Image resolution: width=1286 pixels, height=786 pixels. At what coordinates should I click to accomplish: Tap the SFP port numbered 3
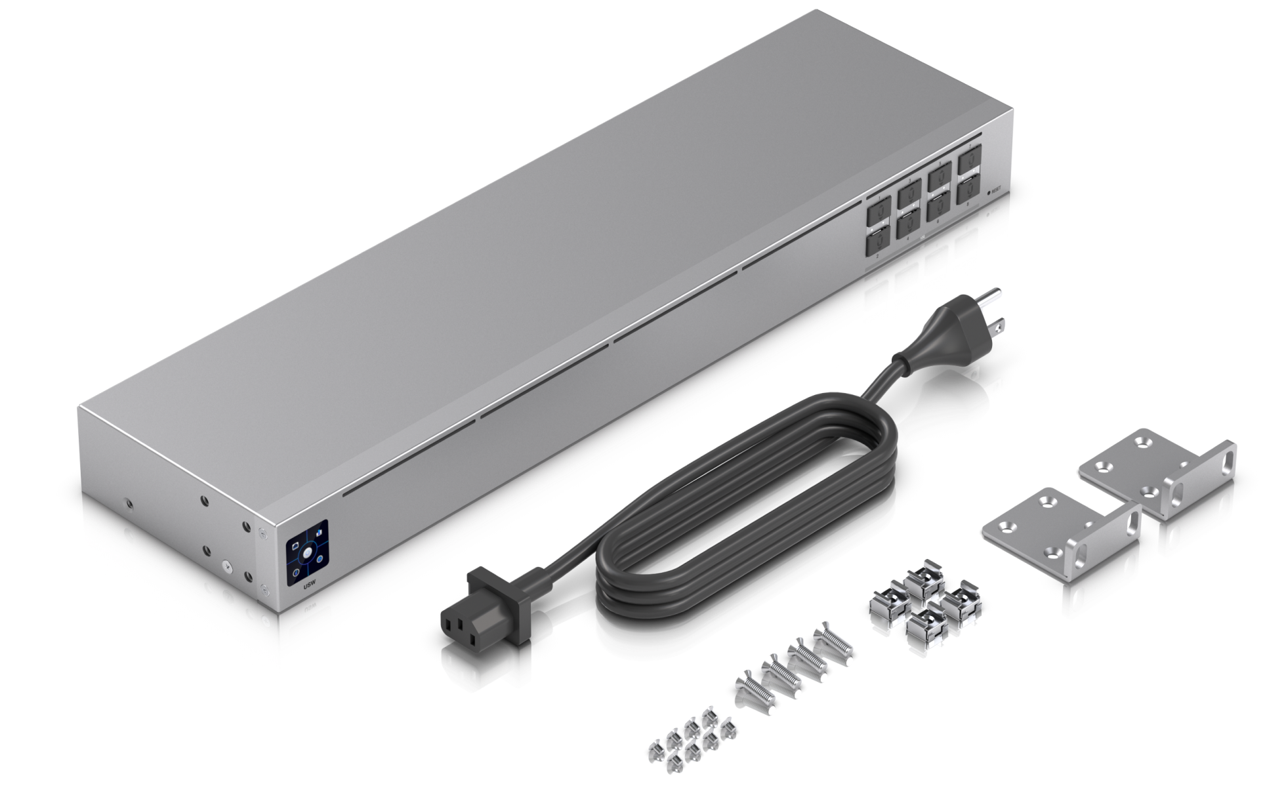click(x=909, y=193)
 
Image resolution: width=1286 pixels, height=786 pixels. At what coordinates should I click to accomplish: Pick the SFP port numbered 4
click(x=909, y=224)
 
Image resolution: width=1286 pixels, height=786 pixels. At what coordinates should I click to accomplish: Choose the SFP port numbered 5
click(x=939, y=177)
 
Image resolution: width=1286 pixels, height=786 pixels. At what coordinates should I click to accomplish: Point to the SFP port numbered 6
click(x=939, y=208)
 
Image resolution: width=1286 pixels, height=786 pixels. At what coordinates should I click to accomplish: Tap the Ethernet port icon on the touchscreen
click(x=295, y=545)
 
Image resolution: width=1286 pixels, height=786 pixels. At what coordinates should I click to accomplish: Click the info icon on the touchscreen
click(x=319, y=561)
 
